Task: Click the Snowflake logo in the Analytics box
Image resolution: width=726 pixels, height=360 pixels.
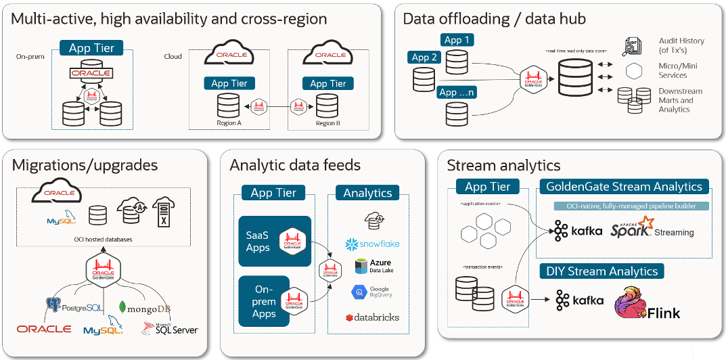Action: (x=372, y=244)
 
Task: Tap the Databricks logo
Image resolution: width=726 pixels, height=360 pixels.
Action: (x=372, y=317)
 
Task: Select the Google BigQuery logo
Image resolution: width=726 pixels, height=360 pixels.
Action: (x=372, y=292)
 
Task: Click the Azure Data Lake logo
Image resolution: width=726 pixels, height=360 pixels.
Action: (x=372, y=266)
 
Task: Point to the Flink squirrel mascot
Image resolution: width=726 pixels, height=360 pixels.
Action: (x=630, y=304)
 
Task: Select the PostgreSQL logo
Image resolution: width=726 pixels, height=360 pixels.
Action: (x=75, y=307)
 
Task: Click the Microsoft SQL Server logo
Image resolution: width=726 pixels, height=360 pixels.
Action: (x=170, y=329)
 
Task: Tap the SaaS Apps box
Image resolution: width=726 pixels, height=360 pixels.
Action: (x=274, y=242)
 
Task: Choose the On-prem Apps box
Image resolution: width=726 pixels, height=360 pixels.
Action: (x=274, y=301)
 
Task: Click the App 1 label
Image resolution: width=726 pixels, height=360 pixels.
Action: (x=457, y=40)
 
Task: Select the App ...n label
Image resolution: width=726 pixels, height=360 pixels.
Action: (x=457, y=92)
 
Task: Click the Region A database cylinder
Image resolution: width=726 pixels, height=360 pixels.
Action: (x=228, y=106)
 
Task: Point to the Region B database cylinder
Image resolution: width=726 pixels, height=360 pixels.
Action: (x=327, y=106)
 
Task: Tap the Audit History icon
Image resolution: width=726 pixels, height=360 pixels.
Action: (x=633, y=46)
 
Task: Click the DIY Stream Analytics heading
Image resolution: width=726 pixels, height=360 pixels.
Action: (x=602, y=271)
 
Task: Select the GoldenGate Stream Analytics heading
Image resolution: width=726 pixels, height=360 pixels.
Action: (x=623, y=186)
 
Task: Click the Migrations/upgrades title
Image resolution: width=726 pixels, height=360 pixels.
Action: (x=85, y=165)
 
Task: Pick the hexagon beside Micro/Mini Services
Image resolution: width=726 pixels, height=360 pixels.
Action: (x=633, y=71)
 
